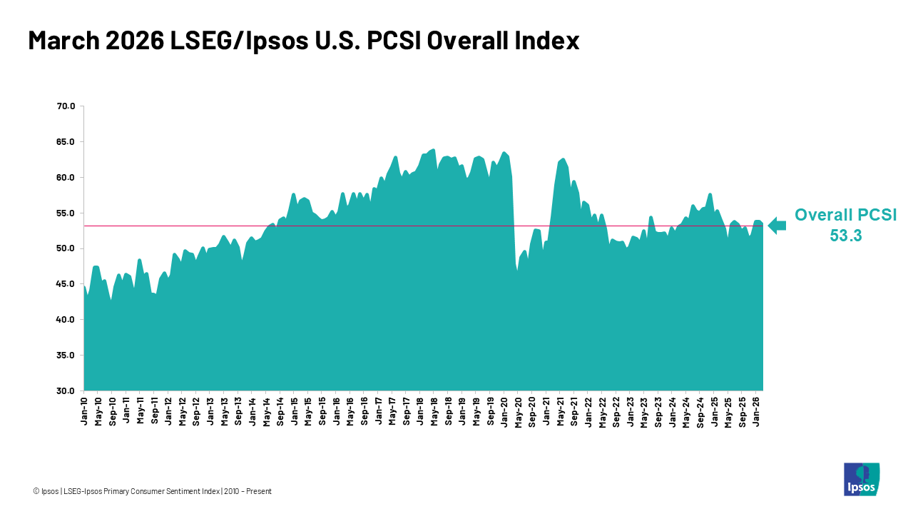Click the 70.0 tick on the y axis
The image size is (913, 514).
pyautogui.click(x=66, y=106)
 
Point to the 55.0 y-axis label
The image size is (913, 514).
pyautogui.click(x=66, y=213)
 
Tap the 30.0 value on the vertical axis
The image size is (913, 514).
pyautogui.click(x=66, y=391)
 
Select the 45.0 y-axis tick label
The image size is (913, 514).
pyautogui.click(x=66, y=284)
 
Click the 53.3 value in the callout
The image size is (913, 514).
pyautogui.click(x=845, y=236)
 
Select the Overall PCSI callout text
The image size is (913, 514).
pyautogui.click(x=845, y=215)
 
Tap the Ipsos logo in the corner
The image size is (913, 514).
pyautogui.click(x=861, y=479)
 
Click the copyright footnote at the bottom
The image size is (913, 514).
pyautogui.click(x=152, y=491)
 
